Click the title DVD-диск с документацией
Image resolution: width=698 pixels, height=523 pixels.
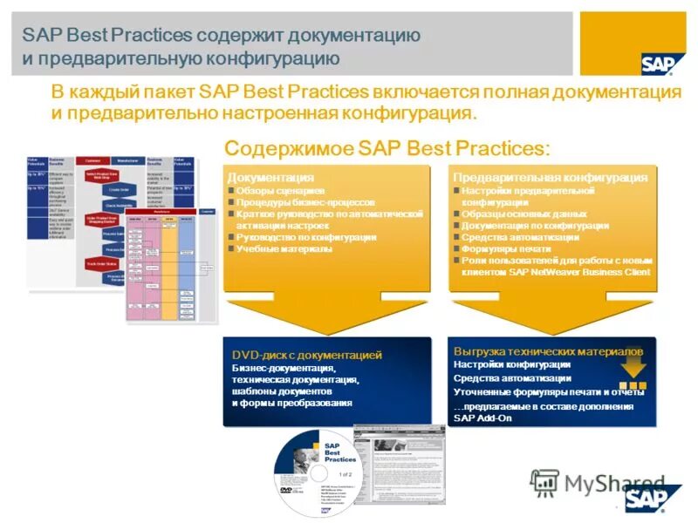306,356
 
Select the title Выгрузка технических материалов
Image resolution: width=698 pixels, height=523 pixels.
548,350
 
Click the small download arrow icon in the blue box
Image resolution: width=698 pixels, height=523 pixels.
633,370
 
